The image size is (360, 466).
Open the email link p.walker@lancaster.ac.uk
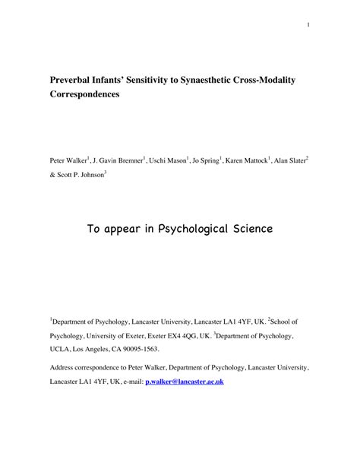tap(185, 381)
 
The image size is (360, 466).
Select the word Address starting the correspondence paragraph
tap(66, 368)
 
